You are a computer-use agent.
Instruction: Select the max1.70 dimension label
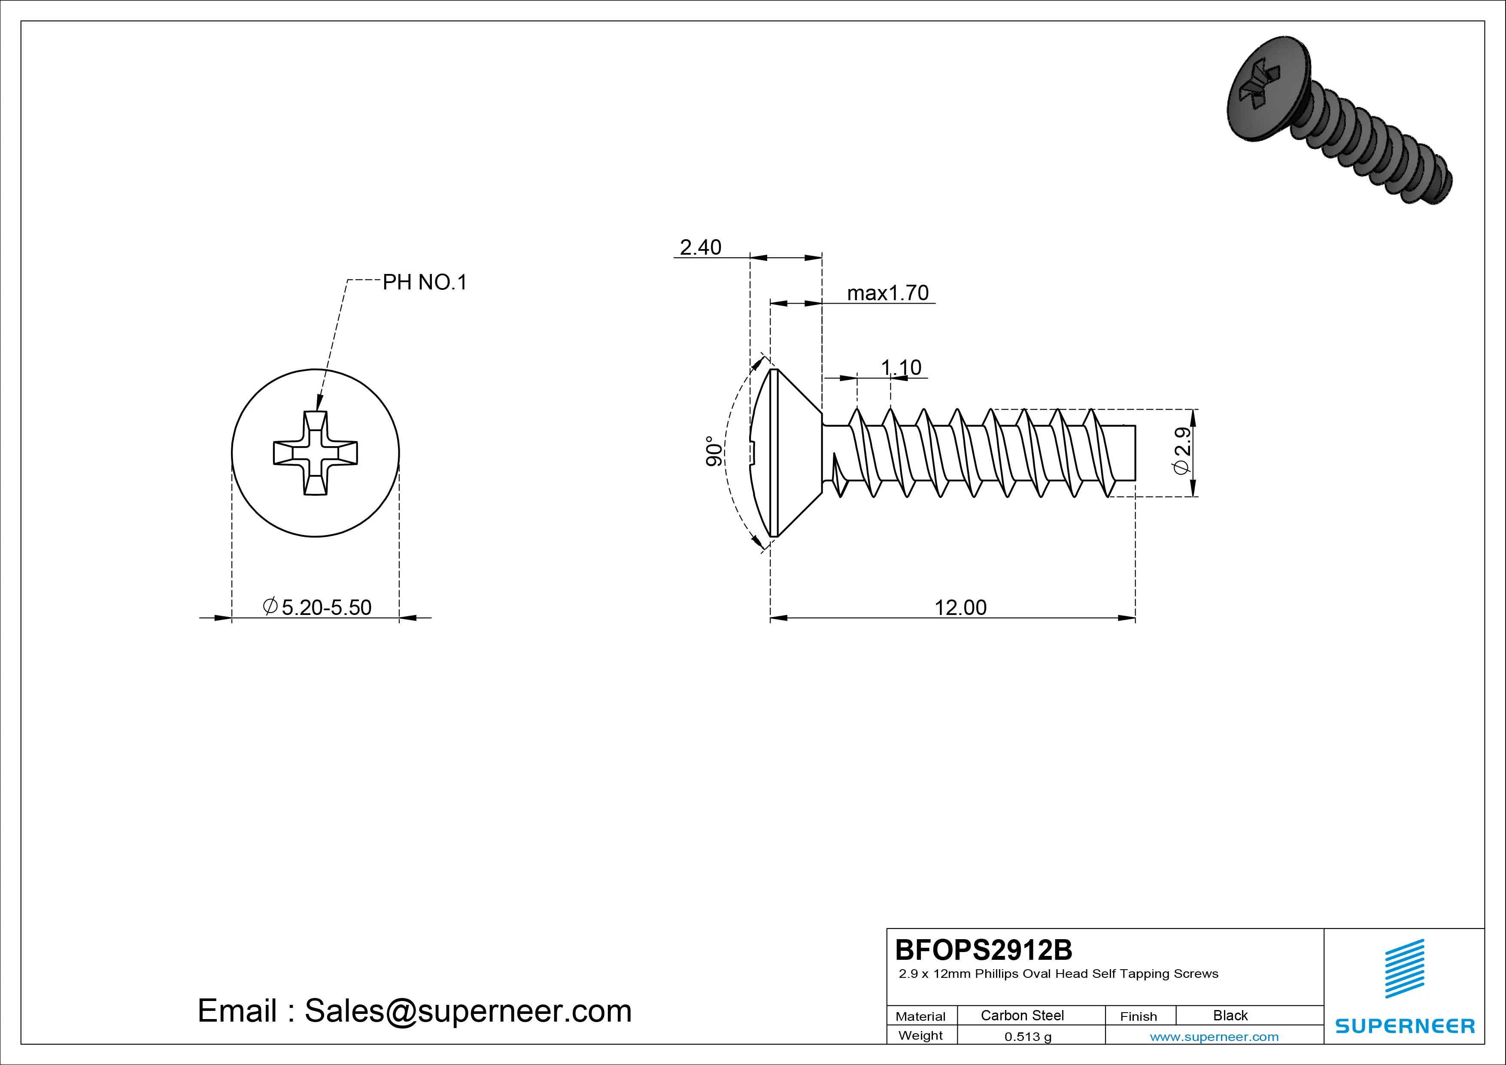click(x=887, y=293)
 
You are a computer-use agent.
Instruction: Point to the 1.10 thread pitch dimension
click(x=901, y=368)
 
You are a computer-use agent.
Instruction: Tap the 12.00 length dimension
click(x=959, y=608)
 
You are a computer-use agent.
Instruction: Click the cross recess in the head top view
click(x=316, y=453)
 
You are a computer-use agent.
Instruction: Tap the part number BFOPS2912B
click(x=983, y=949)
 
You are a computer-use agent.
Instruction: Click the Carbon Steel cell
click(x=1022, y=1015)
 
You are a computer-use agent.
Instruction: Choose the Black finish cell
click(x=1230, y=1015)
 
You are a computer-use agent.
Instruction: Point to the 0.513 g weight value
click(x=1028, y=1037)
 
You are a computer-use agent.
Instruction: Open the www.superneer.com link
click(x=1214, y=1037)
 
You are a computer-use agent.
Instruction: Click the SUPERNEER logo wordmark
click(x=1404, y=1025)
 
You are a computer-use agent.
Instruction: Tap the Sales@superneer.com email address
click(x=468, y=1010)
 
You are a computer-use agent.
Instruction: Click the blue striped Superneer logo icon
click(x=1404, y=968)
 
